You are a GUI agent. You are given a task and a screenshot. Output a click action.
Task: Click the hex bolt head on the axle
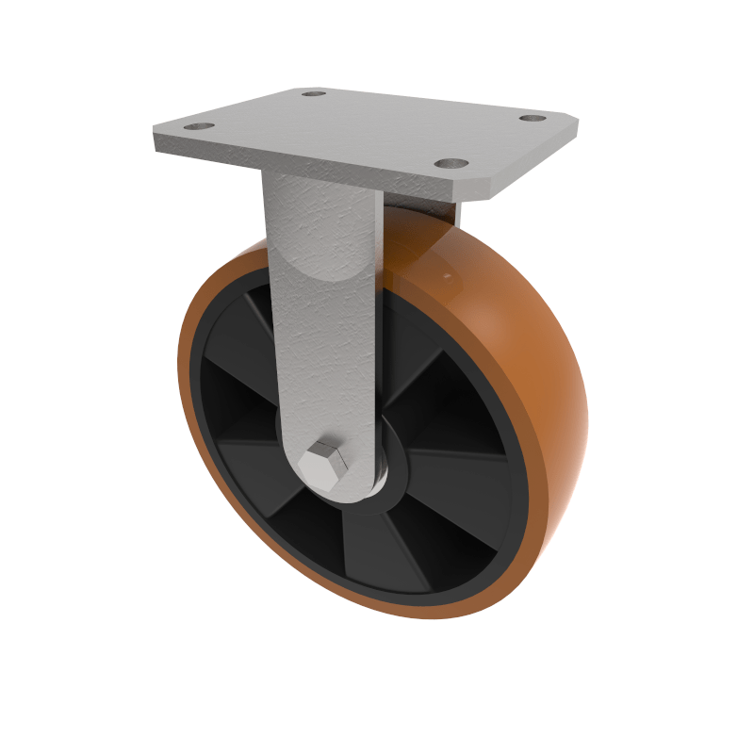tap(323, 463)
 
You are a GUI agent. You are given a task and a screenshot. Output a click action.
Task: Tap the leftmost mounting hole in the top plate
tap(197, 126)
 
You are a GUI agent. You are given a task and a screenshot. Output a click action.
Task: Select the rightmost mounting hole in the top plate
tap(533, 120)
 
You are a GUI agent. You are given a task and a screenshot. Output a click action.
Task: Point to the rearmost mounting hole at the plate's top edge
tap(314, 93)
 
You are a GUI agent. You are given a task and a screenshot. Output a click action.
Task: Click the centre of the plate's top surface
tap(368, 132)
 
